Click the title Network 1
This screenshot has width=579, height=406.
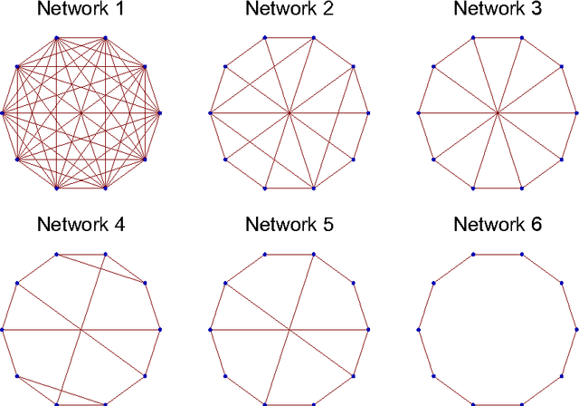tap(81, 11)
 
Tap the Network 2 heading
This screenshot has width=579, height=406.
tap(289, 11)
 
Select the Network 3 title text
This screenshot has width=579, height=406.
tap(498, 11)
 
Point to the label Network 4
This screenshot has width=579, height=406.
tap(81, 225)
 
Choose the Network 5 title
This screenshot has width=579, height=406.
tap(289, 225)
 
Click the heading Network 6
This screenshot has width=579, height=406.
tap(498, 225)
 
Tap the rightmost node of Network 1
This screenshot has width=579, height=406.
tap(160, 113)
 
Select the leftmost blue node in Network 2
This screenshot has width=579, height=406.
tap(210, 113)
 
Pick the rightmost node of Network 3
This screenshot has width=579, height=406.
tap(576, 113)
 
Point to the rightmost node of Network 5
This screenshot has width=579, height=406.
tap(368, 329)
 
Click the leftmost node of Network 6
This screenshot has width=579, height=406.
tap(419, 329)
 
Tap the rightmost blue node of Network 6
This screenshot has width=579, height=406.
tap(576, 329)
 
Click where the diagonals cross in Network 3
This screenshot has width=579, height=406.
tap(498, 113)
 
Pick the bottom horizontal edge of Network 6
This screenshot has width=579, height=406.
tap(498, 404)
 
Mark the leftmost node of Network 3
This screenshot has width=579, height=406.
tap(419, 113)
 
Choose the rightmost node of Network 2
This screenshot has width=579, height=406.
tap(368, 113)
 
